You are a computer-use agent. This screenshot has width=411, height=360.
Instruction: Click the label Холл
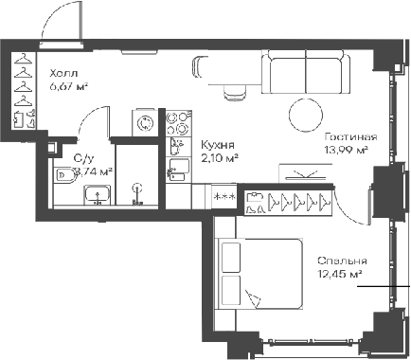point(65,72)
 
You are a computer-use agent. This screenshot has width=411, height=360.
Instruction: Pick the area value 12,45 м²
point(341,275)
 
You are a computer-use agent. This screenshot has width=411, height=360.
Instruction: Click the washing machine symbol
point(145,122)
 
